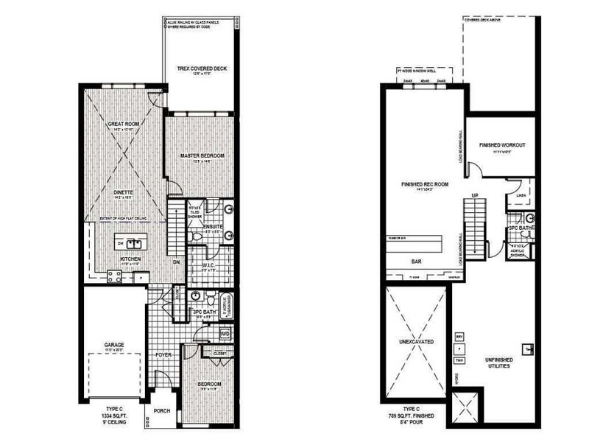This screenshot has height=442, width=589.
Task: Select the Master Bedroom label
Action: pos(202,157)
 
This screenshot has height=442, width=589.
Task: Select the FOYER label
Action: pos(163,354)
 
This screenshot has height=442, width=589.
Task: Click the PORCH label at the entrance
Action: pos(162,413)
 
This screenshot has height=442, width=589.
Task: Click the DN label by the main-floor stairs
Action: pos(175,262)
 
